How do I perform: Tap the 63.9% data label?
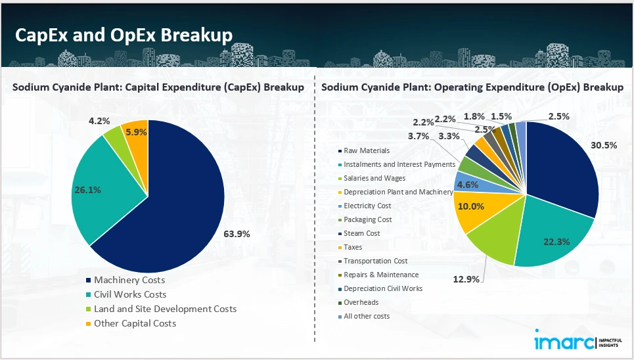click(237, 234)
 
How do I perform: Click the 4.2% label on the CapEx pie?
click(100, 120)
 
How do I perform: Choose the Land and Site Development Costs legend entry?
click(165, 309)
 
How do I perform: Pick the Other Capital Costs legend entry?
click(135, 323)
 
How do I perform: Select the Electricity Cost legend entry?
click(367, 206)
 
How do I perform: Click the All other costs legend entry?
click(367, 316)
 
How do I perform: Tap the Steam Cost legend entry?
click(361, 233)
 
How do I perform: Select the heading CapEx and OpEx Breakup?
click(124, 35)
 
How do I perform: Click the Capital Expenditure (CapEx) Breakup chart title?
click(158, 87)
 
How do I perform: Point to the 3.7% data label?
click(418, 136)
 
